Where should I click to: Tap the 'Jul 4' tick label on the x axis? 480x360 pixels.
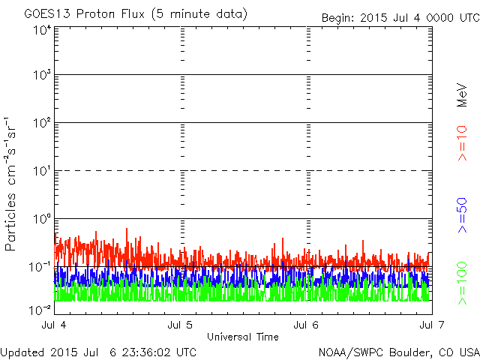point(54,325)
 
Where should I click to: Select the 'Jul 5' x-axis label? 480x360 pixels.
point(180,325)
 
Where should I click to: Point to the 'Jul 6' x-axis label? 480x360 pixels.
point(306,325)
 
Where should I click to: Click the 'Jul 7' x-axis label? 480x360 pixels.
point(432,325)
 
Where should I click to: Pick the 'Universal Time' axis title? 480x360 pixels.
point(243,337)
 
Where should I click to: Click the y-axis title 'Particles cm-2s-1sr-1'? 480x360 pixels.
point(10,184)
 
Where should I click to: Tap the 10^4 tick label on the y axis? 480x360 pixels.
point(42,30)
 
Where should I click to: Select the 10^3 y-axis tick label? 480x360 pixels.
point(42,74)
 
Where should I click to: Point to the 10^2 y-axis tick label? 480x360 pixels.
point(42,123)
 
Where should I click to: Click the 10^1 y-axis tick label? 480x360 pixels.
point(42,171)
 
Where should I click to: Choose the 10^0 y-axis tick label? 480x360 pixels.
point(42,219)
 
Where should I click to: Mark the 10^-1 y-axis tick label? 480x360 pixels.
point(40,267)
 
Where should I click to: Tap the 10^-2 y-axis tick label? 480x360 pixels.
point(40,310)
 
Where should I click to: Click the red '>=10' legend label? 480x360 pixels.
point(462,143)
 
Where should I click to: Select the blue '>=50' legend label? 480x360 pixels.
point(462,215)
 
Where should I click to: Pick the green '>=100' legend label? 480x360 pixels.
point(462,283)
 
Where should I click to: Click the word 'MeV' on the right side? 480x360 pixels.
point(462,95)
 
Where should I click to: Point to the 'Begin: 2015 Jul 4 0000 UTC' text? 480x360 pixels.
point(400,18)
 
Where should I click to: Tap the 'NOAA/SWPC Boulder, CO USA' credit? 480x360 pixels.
point(399,352)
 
